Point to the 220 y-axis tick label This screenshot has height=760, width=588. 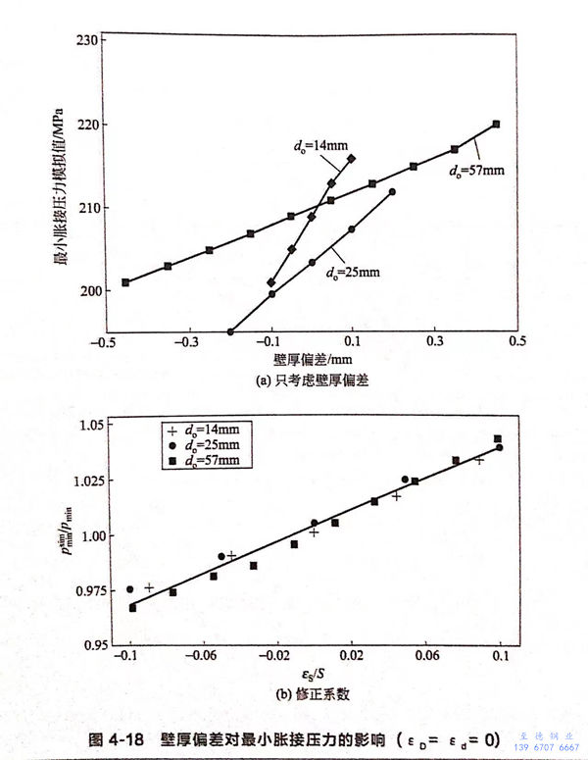[x=86, y=126]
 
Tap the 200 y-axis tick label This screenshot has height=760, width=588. [x=86, y=291]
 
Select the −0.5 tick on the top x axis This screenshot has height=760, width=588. [x=98, y=344]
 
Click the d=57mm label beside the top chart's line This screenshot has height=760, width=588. [x=476, y=171]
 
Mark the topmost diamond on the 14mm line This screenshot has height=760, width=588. [x=352, y=158]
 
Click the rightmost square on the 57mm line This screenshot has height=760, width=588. [x=496, y=125]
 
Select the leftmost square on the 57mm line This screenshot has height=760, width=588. [x=125, y=282]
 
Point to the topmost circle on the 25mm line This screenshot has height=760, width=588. [x=392, y=192]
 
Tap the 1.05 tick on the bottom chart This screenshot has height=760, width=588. [x=87, y=425]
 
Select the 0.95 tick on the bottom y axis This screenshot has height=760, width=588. [x=87, y=646]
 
